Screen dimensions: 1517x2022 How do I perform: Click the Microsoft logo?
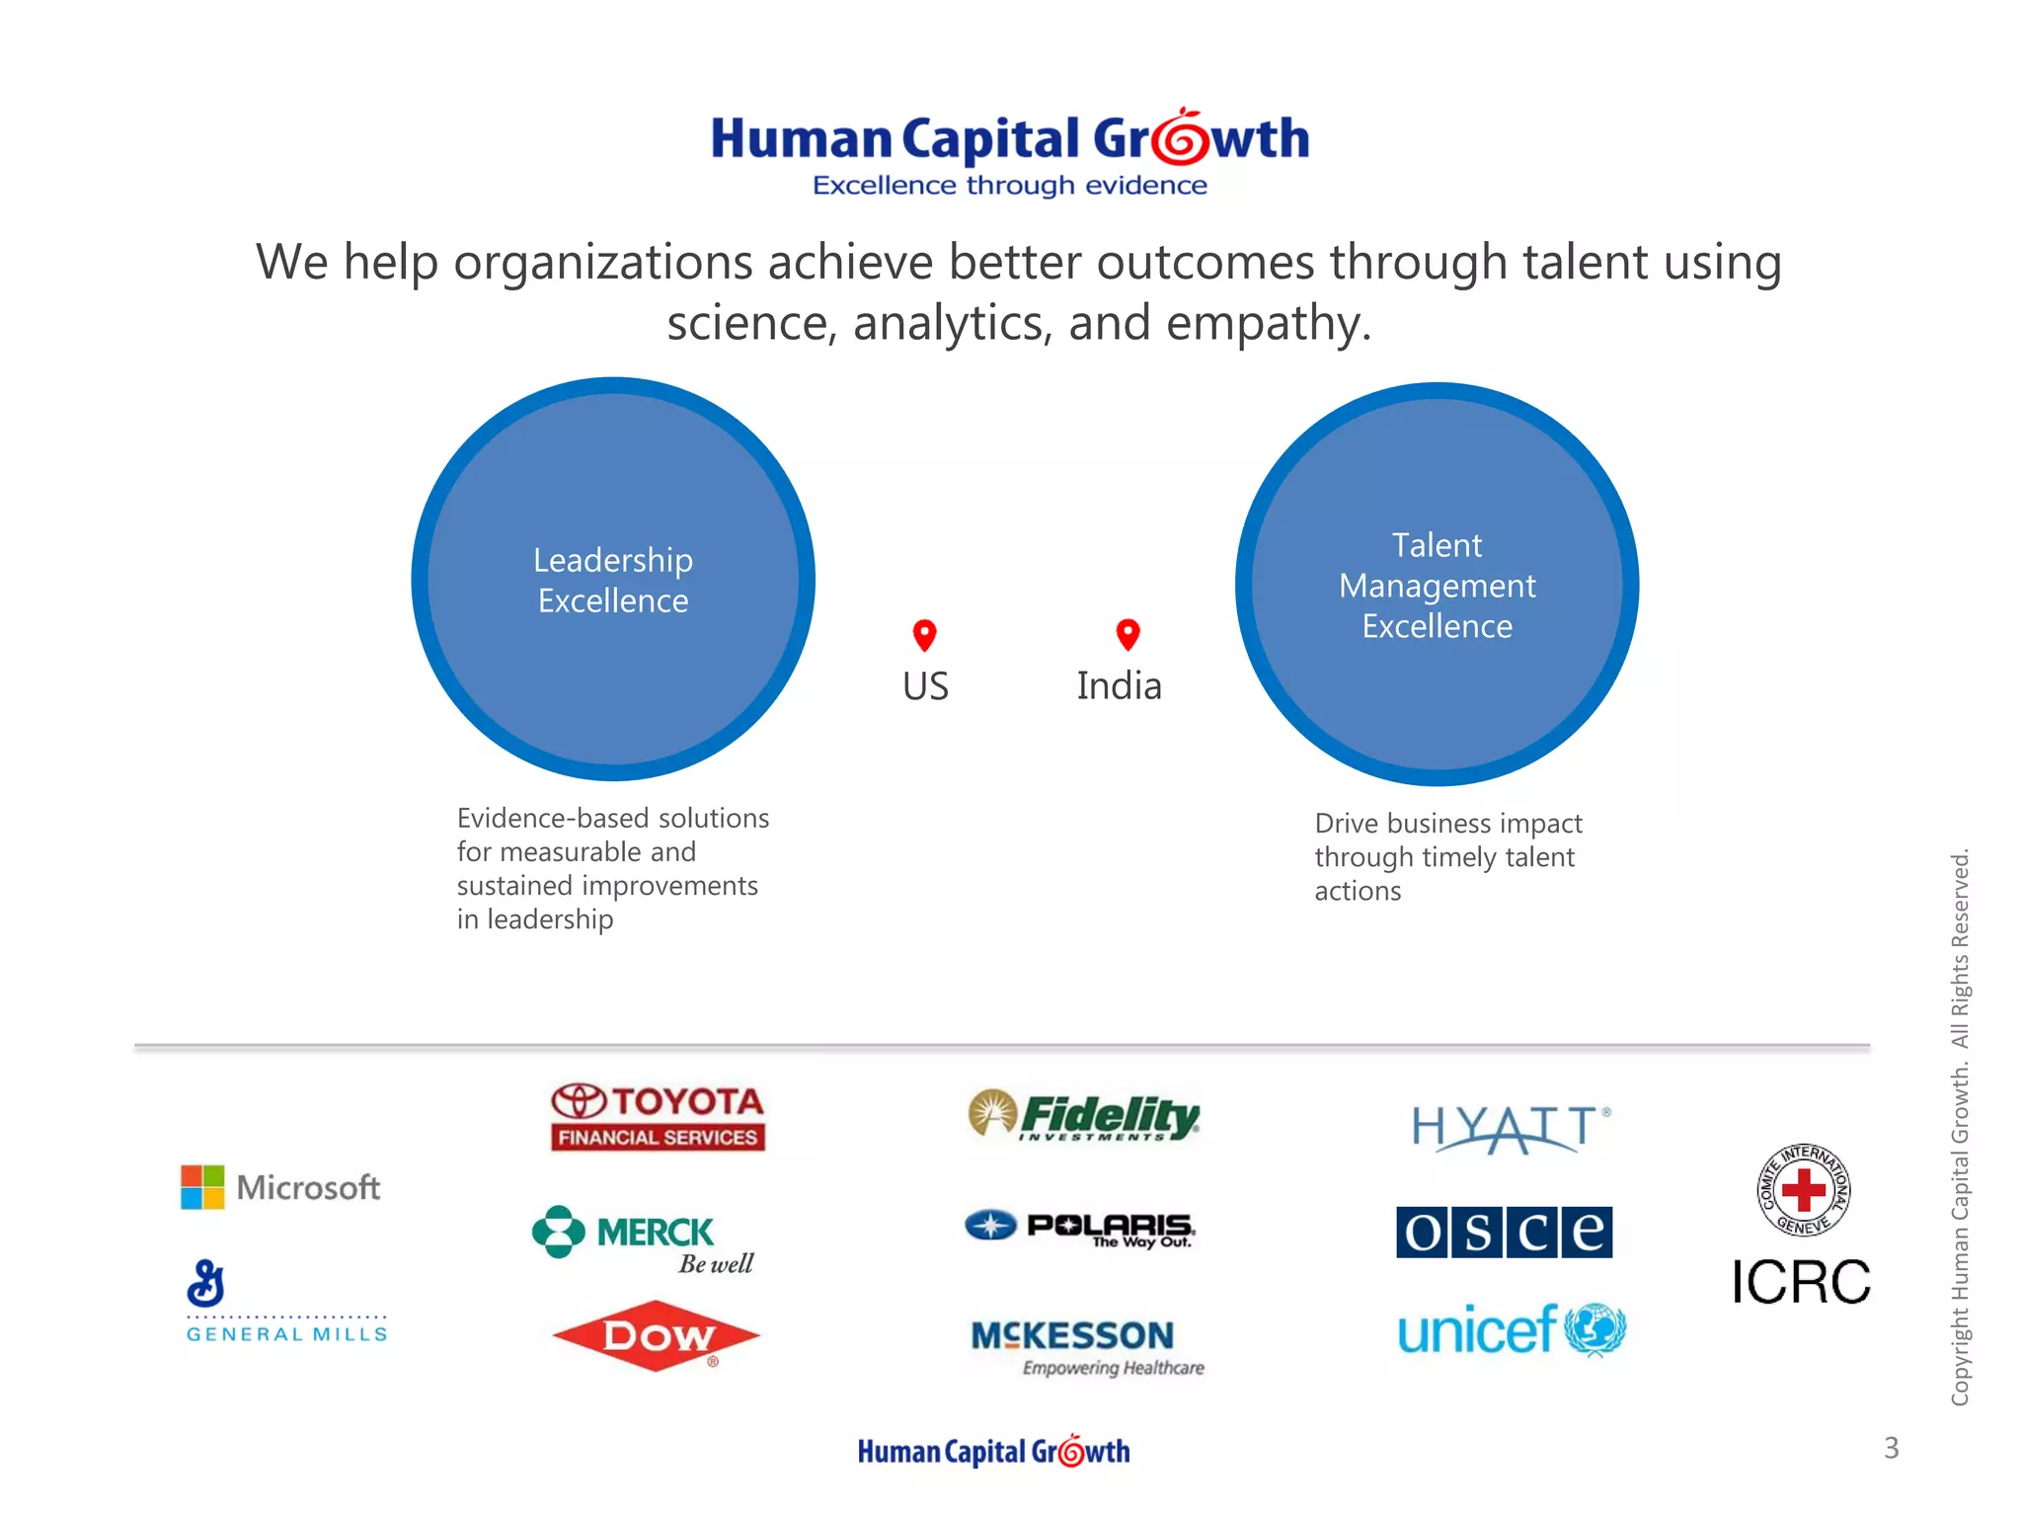[280, 1186]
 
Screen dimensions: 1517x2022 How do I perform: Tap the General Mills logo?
[286, 1302]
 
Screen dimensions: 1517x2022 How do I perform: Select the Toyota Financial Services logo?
[658, 1117]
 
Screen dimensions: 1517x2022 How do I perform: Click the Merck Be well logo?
[644, 1238]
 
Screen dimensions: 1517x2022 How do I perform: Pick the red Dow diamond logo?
[657, 1336]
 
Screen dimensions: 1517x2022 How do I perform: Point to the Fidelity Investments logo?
[1084, 1115]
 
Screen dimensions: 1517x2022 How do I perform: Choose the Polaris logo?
[1080, 1228]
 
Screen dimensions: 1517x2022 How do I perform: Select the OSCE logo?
[1504, 1232]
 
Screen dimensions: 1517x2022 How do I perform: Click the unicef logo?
[1511, 1329]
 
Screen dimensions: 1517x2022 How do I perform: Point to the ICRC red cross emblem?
[1803, 1190]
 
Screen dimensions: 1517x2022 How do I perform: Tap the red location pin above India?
[1128, 634]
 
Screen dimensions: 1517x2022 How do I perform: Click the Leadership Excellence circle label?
[613, 580]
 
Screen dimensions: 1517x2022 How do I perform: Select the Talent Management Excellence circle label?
[1437, 586]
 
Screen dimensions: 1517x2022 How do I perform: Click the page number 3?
[1891, 1448]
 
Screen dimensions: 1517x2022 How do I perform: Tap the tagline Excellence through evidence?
[1009, 186]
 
